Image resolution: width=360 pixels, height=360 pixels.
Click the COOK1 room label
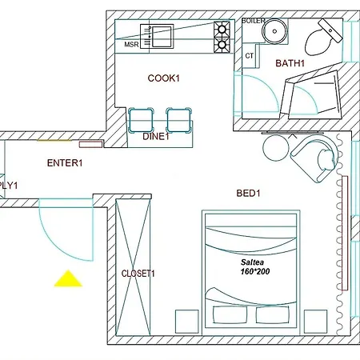[164, 78]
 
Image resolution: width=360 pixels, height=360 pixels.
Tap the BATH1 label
[290, 63]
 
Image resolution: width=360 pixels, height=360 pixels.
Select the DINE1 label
[157, 137]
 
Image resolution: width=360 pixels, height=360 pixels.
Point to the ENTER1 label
[65, 163]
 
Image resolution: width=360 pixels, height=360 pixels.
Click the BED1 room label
[249, 194]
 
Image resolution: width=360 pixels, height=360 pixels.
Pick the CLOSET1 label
[138, 274]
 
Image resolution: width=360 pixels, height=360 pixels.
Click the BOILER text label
[253, 21]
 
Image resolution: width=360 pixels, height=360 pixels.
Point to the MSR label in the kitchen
[131, 46]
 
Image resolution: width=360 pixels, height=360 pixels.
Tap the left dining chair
[142, 119]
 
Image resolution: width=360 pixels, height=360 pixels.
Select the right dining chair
[178, 119]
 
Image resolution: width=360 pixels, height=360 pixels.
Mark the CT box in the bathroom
[250, 56]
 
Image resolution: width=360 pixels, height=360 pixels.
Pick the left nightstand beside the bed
[187, 319]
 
